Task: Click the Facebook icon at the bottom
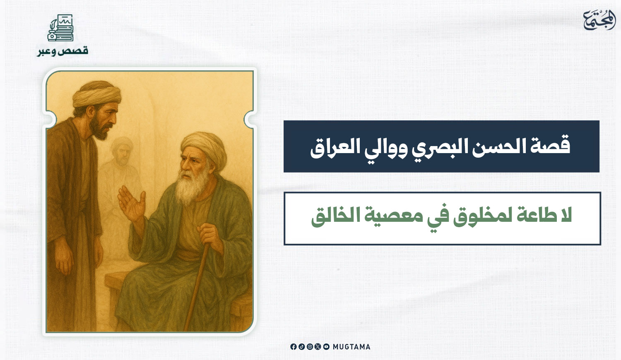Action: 294,347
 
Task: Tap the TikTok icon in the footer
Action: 302,347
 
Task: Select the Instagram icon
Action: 310,347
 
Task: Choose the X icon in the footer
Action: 318,347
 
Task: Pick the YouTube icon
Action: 326,347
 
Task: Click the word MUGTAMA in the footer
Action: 351,347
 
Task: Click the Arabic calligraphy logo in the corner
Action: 599,20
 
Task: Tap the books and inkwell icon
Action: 60,28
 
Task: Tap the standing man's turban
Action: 96,94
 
